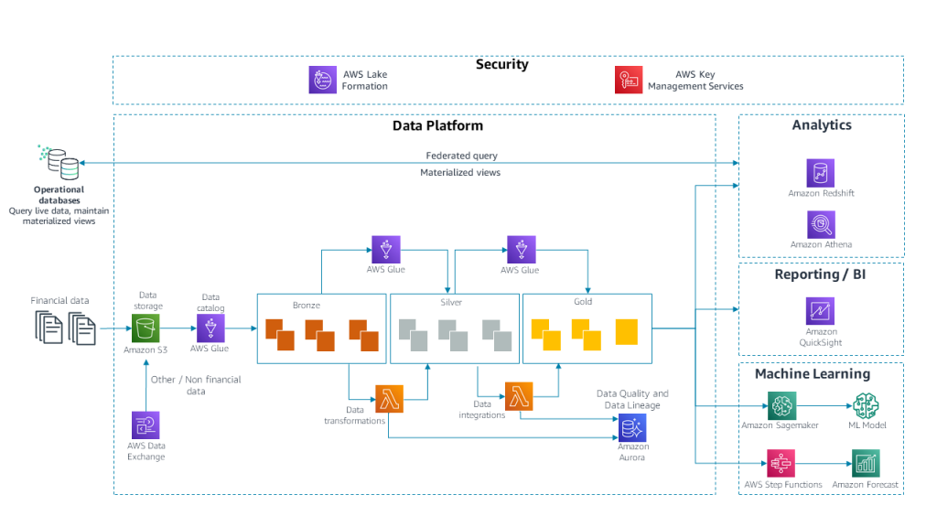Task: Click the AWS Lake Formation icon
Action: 323,80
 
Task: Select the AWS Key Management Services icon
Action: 629,80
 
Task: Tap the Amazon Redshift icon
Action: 821,173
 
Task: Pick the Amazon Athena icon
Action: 821,224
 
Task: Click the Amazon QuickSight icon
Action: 821,311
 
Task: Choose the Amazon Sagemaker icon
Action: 782,406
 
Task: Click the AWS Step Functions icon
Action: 782,464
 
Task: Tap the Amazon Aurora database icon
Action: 632,427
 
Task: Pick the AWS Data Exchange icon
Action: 145,425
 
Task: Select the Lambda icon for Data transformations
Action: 389,399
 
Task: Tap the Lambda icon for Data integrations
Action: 519,395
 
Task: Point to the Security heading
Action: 501,65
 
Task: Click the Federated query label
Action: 461,156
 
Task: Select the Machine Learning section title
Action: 812,374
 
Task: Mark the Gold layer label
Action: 583,302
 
